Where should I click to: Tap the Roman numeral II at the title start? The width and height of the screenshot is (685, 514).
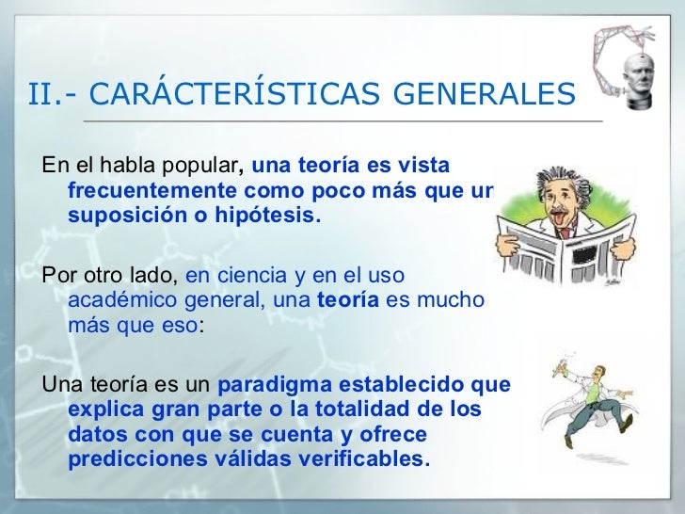[x=43, y=94]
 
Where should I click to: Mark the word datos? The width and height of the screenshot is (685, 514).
[x=94, y=435]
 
